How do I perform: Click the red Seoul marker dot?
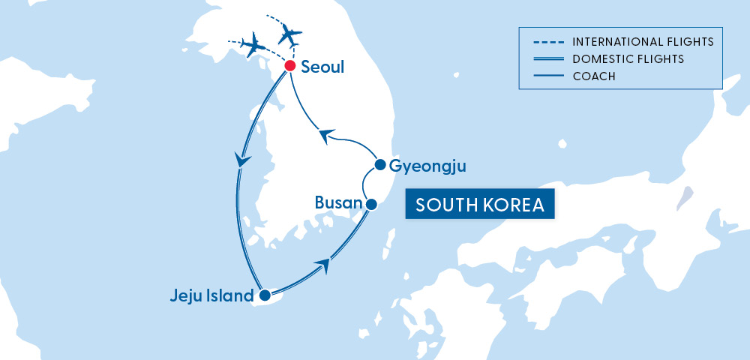[x=289, y=67]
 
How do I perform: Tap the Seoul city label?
[x=322, y=67]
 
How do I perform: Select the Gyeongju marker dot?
[x=380, y=165]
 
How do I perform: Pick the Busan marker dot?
[x=371, y=203]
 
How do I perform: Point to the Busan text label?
[x=338, y=202]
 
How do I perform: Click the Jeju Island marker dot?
[x=264, y=296]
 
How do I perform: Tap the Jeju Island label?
[x=212, y=296]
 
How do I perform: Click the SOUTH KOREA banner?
[x=480, y=205]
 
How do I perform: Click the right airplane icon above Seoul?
[x=288, y=32]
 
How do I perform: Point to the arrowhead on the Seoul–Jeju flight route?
[x=242, y=160]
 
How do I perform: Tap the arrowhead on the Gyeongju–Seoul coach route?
[x=324, y=136]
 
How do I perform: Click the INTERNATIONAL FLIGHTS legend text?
[x=642, y=40]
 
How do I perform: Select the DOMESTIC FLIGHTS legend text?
[x=628, y=58]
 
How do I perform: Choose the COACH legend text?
[x=594, y=75]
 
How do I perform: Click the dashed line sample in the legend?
[x=544, y=40]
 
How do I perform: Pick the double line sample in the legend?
[x=544, y=58]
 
